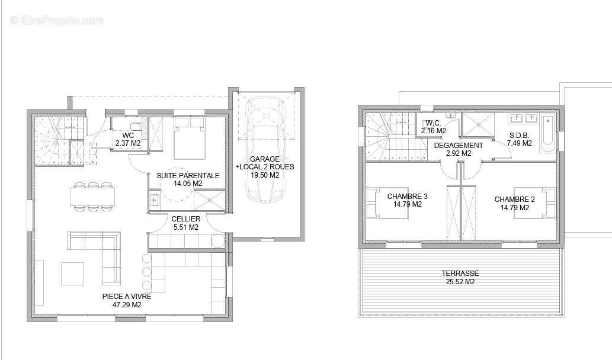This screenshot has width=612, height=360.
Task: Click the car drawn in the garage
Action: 265,150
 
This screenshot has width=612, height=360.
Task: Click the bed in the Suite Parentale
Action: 190,138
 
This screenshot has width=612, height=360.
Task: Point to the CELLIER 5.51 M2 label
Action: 186,223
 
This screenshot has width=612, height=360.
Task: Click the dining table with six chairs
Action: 93,196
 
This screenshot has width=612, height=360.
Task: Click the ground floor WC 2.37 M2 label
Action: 128,139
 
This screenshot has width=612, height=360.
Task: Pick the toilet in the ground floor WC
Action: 136,126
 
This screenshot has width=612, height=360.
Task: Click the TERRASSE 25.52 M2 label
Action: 460,277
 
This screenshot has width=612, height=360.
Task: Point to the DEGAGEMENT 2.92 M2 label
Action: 459,149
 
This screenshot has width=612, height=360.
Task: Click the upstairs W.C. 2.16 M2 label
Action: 434,127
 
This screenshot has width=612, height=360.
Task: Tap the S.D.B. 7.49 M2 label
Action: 520,139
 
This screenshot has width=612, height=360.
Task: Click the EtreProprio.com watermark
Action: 57,20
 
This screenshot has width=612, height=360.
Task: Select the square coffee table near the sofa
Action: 73,274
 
